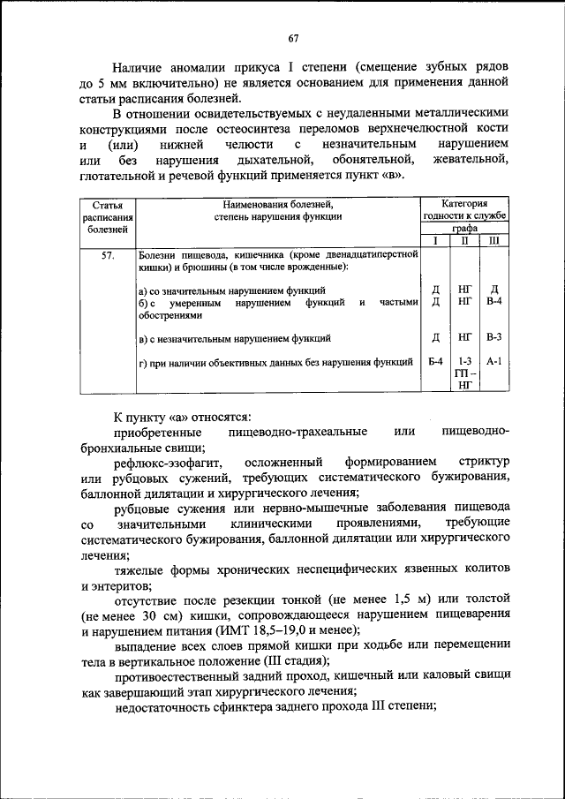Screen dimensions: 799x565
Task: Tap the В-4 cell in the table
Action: click(493, 302)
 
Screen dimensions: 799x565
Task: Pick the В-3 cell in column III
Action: click(493, 337)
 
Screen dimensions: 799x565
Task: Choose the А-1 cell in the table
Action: click(493, 361)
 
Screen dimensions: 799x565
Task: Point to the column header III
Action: click(493, 240)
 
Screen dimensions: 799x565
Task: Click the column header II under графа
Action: click(464, 240)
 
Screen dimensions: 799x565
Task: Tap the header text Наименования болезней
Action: click(276, 203)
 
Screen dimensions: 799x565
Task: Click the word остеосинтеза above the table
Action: click(245, 128)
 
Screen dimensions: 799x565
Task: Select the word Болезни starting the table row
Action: click(160, 254)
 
